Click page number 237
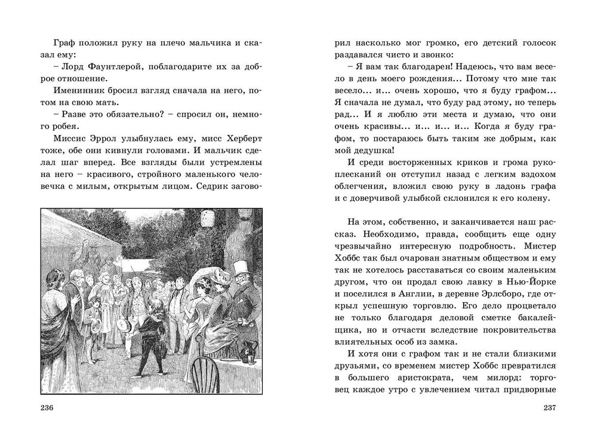coord(549,408)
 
